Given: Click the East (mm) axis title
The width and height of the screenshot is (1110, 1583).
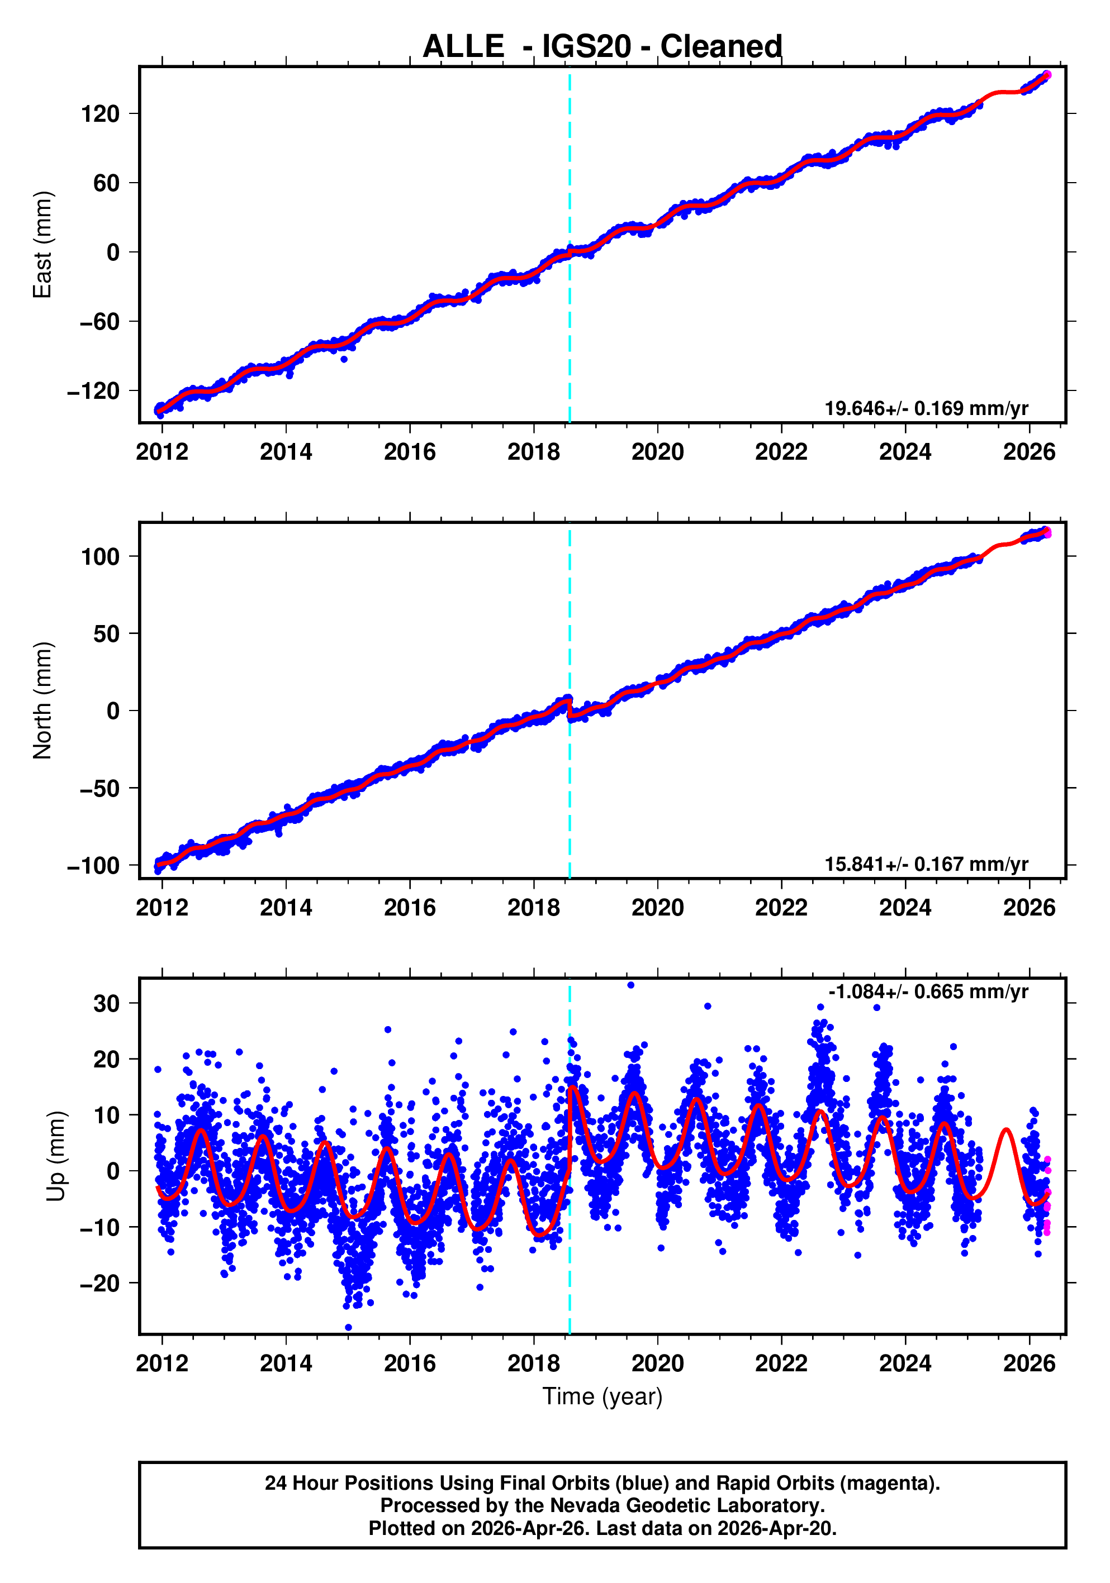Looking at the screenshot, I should point(43,245).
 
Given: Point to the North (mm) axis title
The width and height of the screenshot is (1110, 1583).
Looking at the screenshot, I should point(43,700).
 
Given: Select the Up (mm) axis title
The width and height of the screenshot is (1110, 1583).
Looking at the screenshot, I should point(56,1156).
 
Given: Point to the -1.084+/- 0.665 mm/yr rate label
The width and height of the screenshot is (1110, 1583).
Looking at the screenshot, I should point(928,991).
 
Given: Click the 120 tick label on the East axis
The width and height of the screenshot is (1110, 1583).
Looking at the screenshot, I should point(100,114).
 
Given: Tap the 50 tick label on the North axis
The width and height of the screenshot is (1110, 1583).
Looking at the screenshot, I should point(106,633).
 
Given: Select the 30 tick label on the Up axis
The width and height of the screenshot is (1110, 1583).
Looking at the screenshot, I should point(106,1003).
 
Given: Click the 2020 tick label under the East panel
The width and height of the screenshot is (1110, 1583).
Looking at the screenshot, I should point(657,452).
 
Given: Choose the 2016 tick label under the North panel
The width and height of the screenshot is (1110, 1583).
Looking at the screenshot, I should point(410,908).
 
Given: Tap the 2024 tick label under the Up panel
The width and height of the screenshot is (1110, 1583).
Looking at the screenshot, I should point(905,1363).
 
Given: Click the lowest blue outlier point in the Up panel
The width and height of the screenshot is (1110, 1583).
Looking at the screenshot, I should point(348,1327).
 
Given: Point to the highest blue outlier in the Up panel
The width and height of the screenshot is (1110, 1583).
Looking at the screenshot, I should point(630,985).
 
